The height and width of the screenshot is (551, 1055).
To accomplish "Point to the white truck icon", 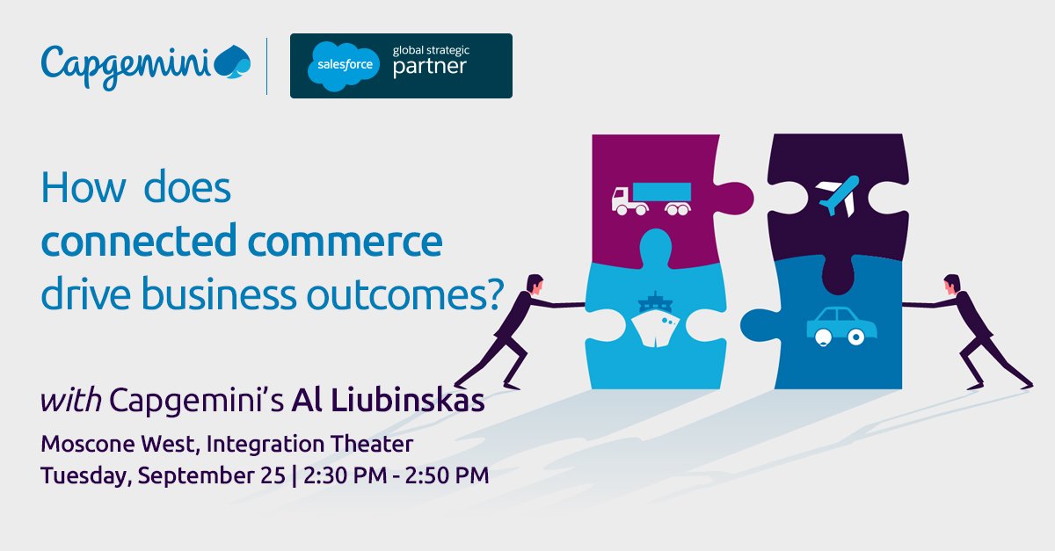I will click(651, 198).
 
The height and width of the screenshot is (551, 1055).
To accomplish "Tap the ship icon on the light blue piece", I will click(654, 321).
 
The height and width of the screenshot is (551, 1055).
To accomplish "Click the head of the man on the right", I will click(950, 284).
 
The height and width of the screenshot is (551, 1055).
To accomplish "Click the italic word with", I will click(72, 400).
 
